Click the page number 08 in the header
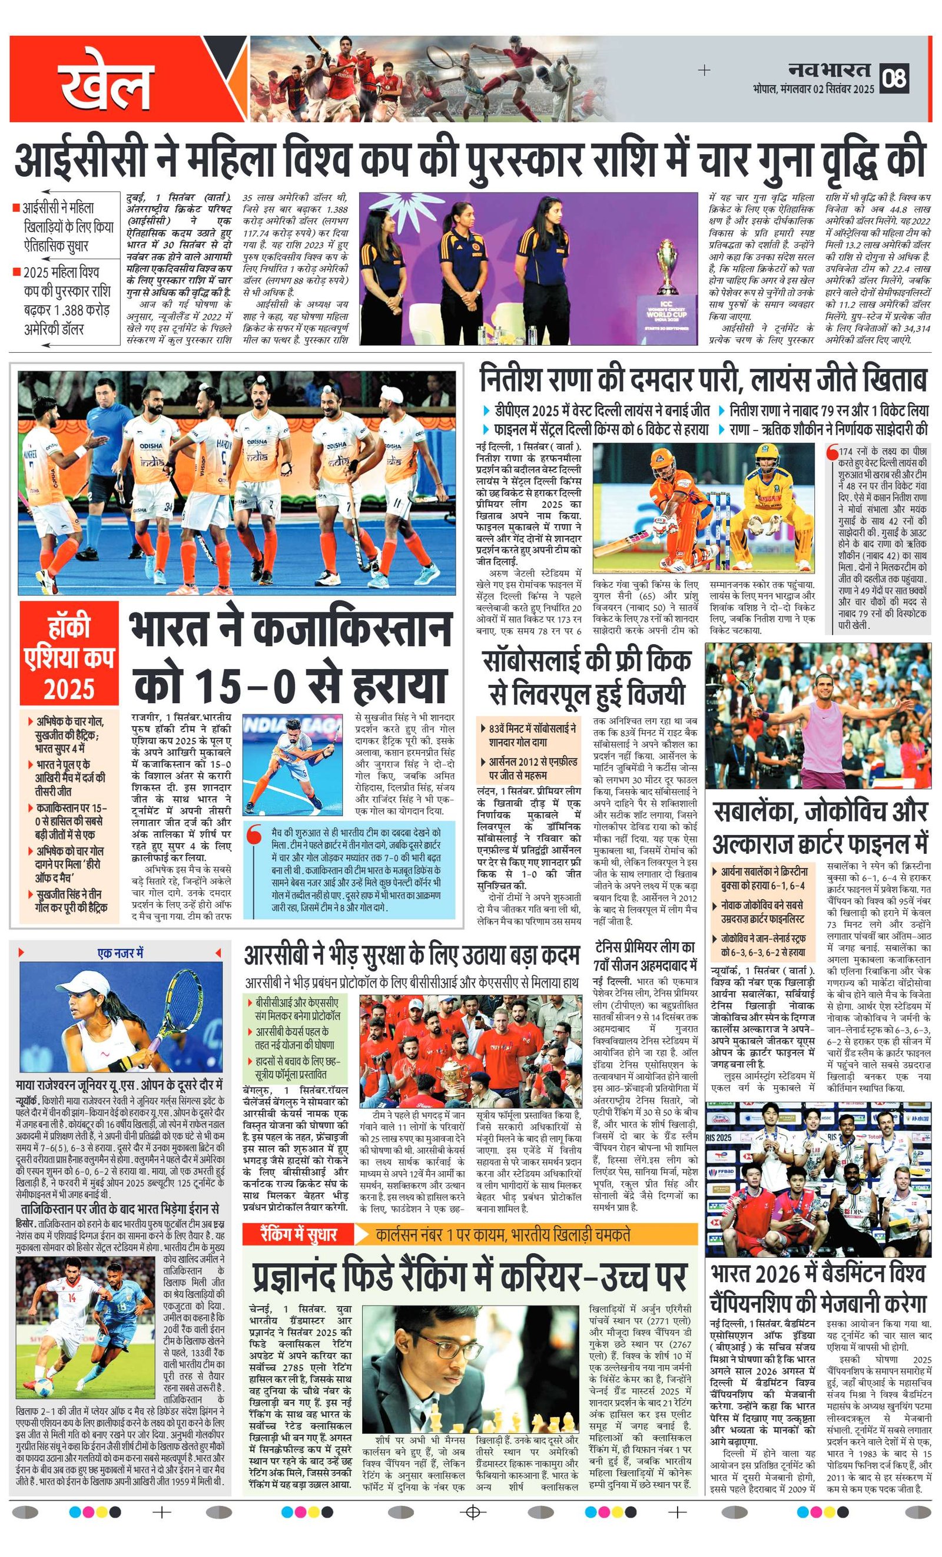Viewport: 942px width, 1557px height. click(895, 78)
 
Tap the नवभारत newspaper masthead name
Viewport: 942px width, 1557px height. click(830, 69)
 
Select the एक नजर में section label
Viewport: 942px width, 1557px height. click(120, 952)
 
